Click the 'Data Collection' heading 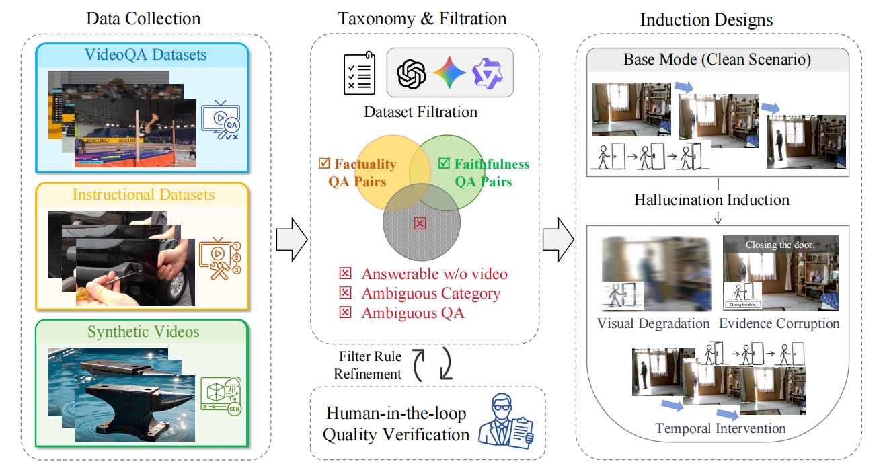[143, 18]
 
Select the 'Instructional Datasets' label [143, 195]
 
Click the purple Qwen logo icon [487, 73]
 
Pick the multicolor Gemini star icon [449, 73]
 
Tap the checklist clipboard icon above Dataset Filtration [358, 73]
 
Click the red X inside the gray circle [420, 223]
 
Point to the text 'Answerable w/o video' [434, 274]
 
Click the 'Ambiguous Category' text [430, 293]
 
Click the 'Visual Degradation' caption [653, 323]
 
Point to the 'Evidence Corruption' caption [779, 323]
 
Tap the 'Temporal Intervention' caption [720, 428]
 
